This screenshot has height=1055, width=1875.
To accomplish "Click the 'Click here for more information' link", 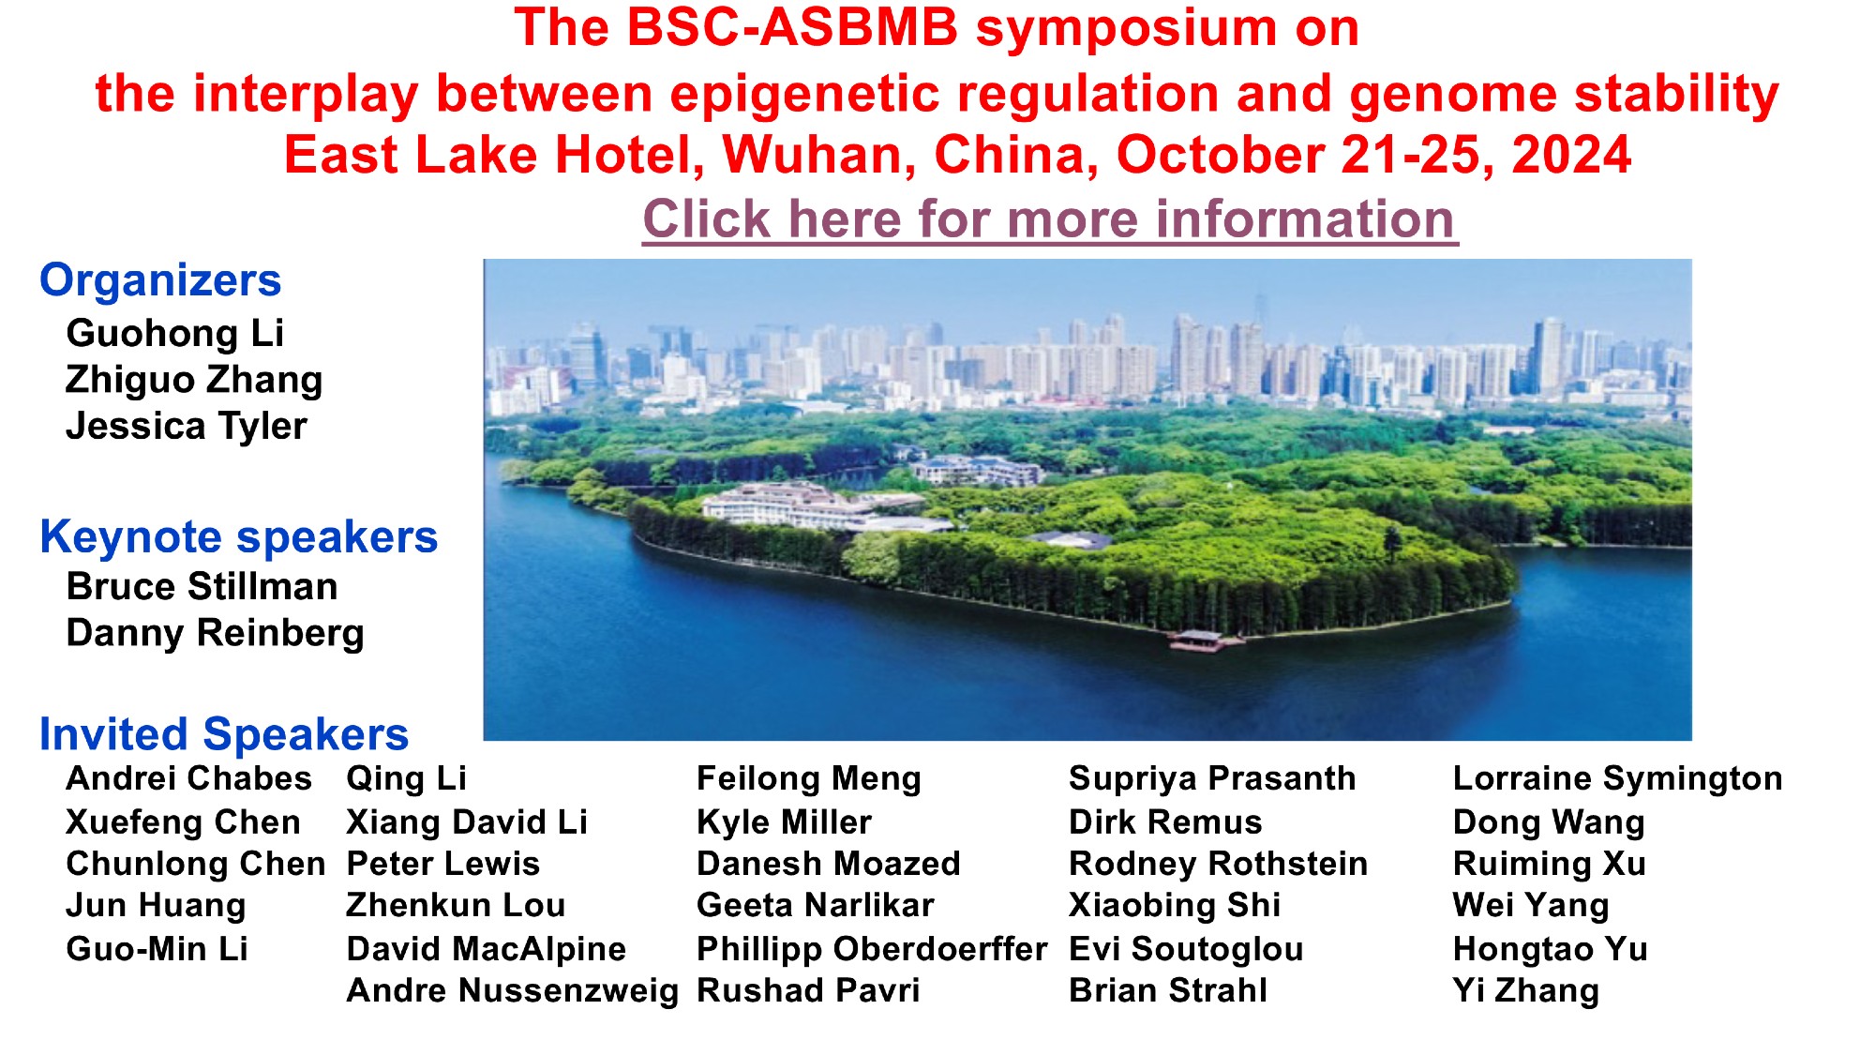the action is point(1050,219).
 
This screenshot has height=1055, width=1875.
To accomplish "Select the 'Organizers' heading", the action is point(160,280).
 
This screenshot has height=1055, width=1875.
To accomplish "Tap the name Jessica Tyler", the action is point(187,426).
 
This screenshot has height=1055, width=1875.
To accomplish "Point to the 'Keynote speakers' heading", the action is point(239,538).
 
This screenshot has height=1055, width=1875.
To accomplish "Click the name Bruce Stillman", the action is point(202,586).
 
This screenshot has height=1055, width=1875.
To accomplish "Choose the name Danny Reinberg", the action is point(215,633).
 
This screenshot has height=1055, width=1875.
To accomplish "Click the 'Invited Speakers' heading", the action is point(224,733).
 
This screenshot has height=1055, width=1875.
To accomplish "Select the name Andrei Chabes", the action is point(188,778).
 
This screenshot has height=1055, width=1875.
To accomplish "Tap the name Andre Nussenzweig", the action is point(512,990).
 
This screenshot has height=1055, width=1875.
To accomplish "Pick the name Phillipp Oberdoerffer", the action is point(872,949).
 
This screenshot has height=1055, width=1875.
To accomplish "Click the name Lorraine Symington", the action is point(1618,778).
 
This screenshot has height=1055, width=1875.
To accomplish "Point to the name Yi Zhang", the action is point(1526,990).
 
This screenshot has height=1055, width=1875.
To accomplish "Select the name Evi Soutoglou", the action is point(1186,949).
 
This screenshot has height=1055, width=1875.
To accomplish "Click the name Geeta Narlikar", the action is point(816,905).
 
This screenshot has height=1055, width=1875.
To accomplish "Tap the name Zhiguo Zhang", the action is point(194,380).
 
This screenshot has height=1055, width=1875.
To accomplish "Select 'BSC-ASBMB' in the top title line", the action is point(792,28).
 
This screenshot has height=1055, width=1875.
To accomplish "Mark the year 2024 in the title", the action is point(1571,156).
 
